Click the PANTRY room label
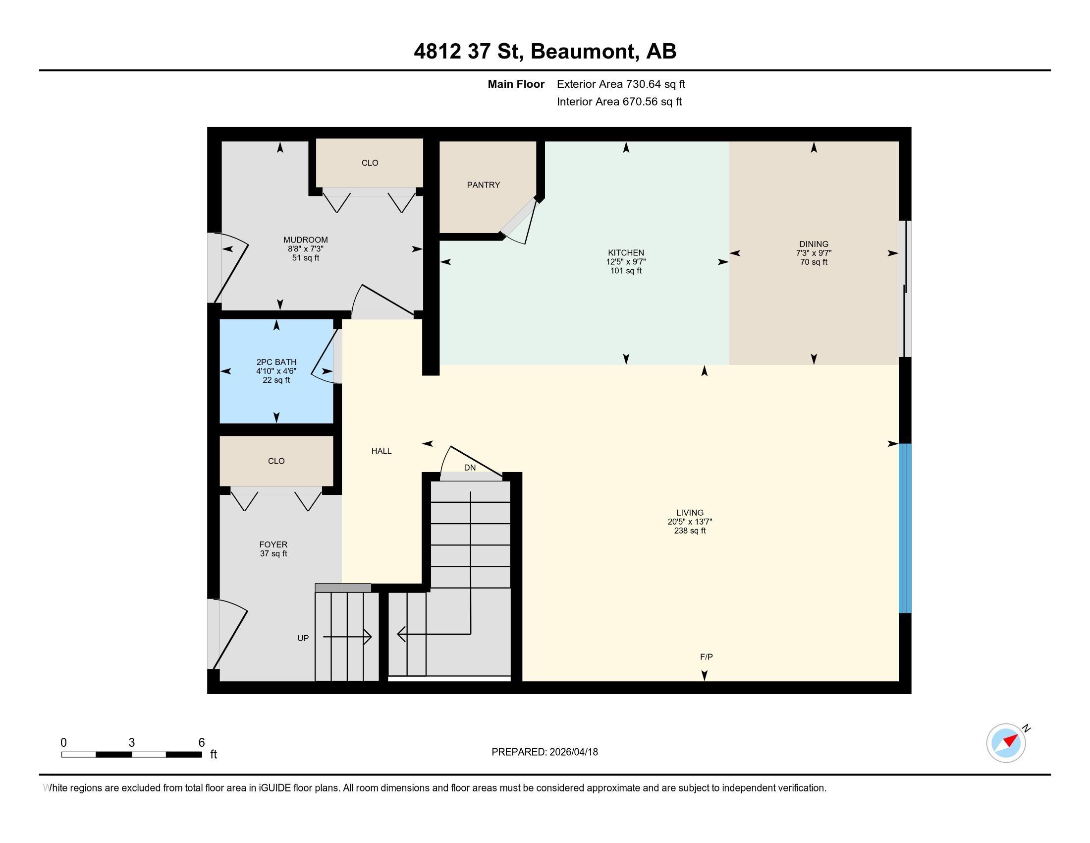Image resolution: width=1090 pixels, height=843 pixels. pos(483,185)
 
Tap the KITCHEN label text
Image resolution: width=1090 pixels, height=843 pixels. pos(626,253)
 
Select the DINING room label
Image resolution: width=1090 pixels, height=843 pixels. pos(814,244)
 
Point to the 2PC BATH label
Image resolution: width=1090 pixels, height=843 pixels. pos(276,362)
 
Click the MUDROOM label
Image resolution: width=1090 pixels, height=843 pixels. pos(305,240)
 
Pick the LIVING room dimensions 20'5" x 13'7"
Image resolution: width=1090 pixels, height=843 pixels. pos(690,521)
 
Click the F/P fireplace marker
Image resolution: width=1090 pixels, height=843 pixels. pos(706,657)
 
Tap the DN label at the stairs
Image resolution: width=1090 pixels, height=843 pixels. pos(470,468)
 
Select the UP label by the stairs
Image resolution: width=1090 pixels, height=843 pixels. pos(303,638)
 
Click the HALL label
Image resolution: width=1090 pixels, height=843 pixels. pos(381,451)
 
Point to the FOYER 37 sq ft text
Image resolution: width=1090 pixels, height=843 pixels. pos(273,553)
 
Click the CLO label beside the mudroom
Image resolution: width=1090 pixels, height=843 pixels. pos(370,163)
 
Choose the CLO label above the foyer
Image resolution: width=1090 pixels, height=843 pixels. pos(276,461)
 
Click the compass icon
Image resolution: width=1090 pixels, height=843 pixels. pos(1006,742)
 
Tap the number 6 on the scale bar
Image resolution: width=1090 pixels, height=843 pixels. pos(202,742)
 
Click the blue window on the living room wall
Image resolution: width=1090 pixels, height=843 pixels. pos(905,528)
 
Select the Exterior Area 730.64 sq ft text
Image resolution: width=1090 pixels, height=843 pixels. pos(621,84)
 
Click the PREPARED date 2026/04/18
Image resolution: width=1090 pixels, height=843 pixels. pos(545,752)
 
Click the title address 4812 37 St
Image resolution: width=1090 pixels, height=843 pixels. pos(468,51)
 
